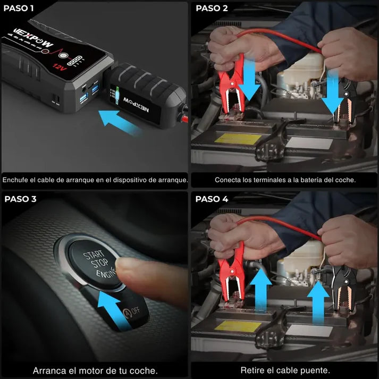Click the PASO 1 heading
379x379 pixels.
[x=19, y=9]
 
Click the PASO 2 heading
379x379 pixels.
[x=212, y=9]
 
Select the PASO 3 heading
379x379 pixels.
[x=20, y=199]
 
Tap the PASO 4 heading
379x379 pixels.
[x=212, y=199]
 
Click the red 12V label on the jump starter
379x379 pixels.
[x=59, y=66]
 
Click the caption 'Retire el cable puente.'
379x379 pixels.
[x=285, y=370]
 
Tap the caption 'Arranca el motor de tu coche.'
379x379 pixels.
[x=95, y=370]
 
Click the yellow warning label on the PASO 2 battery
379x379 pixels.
[x=238, y=139]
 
